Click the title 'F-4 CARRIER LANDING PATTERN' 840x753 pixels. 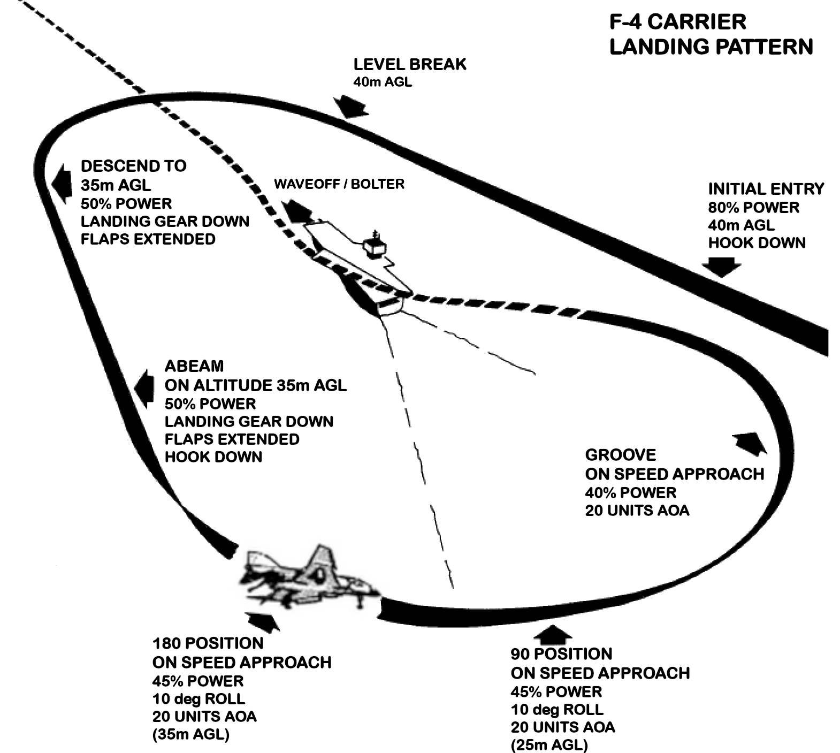point(711,34)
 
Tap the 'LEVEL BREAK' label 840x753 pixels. point(410,64)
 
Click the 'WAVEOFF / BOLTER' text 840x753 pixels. point(339,184)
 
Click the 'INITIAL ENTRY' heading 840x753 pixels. point(766,189)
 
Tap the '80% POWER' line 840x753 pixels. point(753,207)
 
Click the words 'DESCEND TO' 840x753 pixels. point(133,166)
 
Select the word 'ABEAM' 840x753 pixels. point(194,366)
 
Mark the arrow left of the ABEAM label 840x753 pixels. point(143,388)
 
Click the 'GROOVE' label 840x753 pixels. point(620,455)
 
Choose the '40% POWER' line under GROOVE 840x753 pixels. point(630,492)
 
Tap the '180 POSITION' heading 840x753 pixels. point(208,643)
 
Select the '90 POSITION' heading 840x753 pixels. point(561,654)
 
